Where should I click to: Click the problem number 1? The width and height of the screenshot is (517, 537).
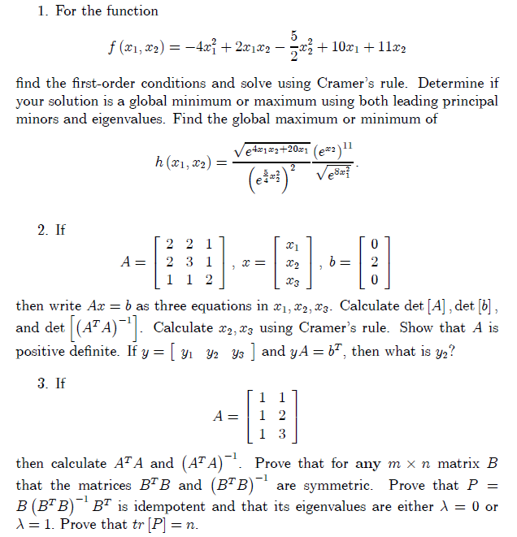(41, 11)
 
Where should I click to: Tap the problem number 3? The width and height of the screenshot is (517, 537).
(41, 383)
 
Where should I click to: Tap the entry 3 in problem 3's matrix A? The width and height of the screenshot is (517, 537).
(281, 433)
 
